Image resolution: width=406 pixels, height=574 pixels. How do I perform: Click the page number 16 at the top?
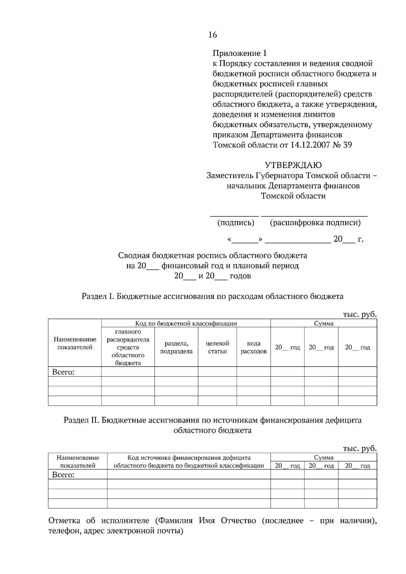(x=213, y=35)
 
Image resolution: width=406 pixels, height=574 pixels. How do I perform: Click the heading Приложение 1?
(x=240, y=53)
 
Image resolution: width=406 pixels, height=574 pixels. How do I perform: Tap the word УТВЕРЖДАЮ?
(x=293, y=165)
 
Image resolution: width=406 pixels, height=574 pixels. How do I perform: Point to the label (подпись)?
(x=235, y=223)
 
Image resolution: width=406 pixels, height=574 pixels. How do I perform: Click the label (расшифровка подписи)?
(x=315, y=223)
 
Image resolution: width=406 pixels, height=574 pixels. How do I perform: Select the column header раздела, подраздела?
(x=176, y=348)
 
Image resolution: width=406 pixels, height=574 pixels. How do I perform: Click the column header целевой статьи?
(x=217, y=348)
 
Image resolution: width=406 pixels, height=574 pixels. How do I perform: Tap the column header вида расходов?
(x=253, y=348)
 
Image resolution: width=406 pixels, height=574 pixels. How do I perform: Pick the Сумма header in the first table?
(x=323, y=323)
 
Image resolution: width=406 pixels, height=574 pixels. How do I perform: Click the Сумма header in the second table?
(x=323, y=458)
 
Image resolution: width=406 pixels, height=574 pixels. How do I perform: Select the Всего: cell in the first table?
(x=63, y=372)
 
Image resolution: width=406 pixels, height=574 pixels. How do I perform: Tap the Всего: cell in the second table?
(x=63, y=475)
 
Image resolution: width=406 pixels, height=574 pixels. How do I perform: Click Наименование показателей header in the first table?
(x=75, y=343)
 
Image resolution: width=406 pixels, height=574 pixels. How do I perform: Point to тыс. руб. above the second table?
(x=360, y=449)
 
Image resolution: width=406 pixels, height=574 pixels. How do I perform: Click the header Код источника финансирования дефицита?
(x=189, y=458)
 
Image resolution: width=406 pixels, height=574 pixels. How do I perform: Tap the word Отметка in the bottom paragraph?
(x=65, y=521)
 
